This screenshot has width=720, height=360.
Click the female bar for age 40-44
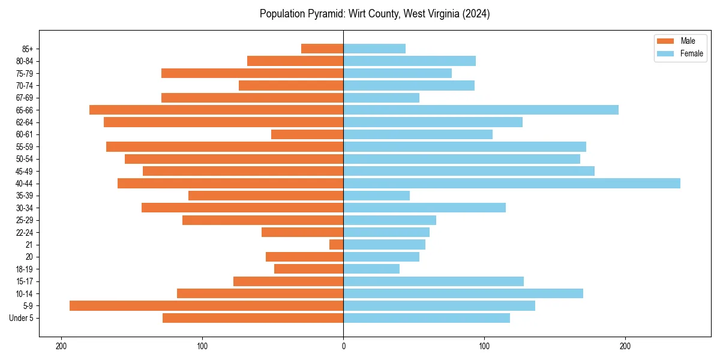point(511,184)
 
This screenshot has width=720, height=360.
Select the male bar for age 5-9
point(206,306)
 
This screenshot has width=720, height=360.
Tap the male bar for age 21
point(337,245)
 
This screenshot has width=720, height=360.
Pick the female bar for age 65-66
point(481,110)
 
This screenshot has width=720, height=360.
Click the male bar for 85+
point(322,49)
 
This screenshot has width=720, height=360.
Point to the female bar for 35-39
point(376,196)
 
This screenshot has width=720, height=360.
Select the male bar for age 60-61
point(307,134)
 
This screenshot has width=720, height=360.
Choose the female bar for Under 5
point(427,318)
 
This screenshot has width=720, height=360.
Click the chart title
point(375,14)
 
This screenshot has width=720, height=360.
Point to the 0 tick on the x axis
point(343,346)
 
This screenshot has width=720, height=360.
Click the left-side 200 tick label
point(61,346)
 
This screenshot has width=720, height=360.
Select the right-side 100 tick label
point(484,346)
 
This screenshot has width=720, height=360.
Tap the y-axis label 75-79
point(25,73)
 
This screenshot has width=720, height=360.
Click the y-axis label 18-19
point(25,269)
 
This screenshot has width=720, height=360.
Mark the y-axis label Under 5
point(22,318)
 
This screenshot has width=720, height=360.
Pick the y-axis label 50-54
point(25,159)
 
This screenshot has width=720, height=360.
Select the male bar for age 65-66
point(216,110)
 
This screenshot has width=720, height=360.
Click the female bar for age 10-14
point(463,293)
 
